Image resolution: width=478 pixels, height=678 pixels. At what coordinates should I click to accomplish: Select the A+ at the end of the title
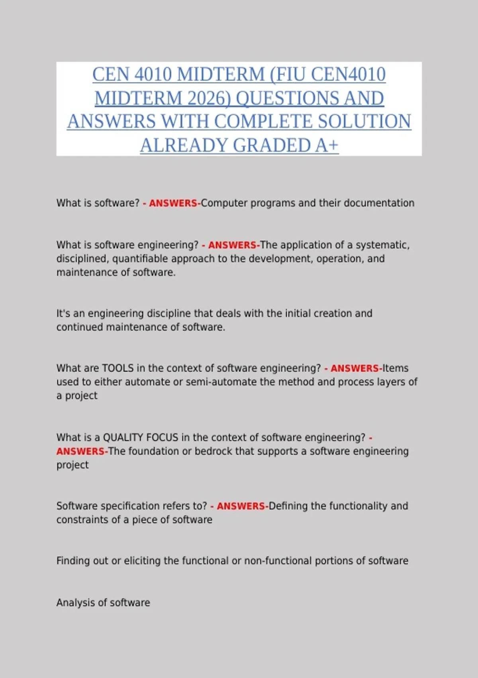(327, 145)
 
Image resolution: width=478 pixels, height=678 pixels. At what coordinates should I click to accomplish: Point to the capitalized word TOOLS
(118, 368)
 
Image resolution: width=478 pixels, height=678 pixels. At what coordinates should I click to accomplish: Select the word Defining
(288, 506)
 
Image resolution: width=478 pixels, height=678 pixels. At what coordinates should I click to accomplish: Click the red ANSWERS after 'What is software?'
(173, 203)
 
